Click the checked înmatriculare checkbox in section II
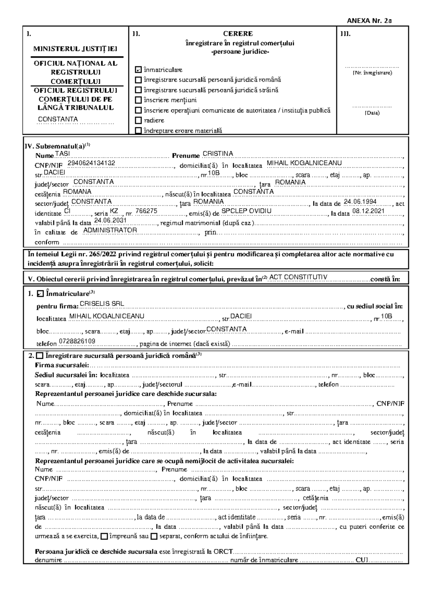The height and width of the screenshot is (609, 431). point(138,69)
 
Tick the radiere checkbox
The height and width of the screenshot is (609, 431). point(138,120)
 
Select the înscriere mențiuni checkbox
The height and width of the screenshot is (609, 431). point(138,100)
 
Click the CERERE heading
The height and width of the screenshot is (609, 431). point(238,34)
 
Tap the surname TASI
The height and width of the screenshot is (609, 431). point(62,154)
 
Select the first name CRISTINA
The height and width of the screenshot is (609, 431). point(218,154)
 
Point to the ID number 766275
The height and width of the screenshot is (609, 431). point(147,211)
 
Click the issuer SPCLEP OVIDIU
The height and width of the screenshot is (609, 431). point(246,211)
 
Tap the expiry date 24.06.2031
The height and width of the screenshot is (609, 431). point(110,220)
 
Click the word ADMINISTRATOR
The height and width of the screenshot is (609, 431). point(110,230)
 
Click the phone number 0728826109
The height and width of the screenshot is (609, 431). point(77,341)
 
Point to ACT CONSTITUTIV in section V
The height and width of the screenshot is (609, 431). point(298,277)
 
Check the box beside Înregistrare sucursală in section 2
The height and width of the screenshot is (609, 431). point(40,356)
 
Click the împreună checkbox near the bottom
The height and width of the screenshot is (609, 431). point(104,536)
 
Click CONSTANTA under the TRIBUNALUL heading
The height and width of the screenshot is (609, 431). point(58,119)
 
